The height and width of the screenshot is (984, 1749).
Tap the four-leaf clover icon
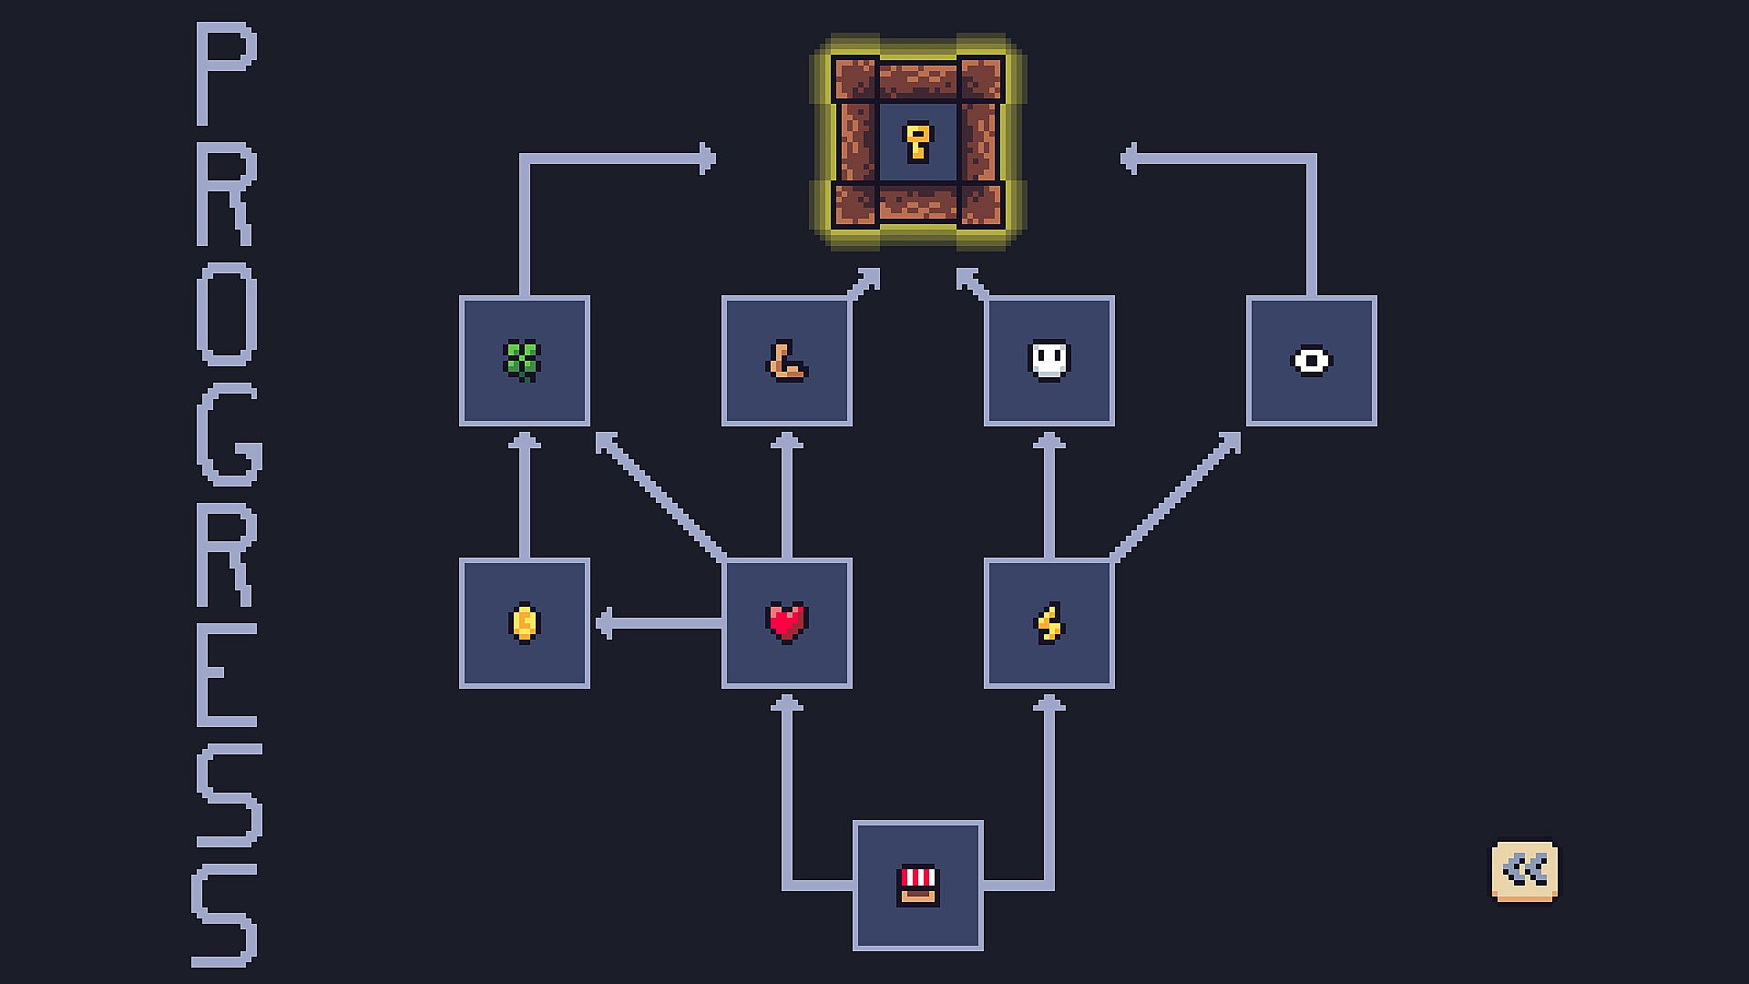(x=524, y=360)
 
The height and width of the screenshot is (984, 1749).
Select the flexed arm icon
(x=786, y=360)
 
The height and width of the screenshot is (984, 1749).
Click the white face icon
(x=1048, y=360)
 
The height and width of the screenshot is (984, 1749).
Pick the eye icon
(x=1312, y=361)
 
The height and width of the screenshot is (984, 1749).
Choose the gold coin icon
(x=524, y=623)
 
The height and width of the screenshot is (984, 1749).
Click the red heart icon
(x=786, y=623)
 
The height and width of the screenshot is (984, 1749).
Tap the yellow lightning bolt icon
(x=1048, y=623)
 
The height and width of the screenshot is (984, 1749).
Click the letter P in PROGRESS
(x=225, y=75)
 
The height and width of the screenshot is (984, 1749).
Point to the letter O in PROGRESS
(x=226, y=313)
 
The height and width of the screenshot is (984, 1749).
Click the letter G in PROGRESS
(x=228, y=435)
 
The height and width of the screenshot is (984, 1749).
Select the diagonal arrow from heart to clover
(x=660, y=497)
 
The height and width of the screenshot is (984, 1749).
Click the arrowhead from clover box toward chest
(x=706, y=159)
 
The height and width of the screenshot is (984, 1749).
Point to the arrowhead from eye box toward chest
(x=1130, y=159)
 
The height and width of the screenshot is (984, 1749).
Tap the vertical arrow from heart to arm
(x=787, y=497)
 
